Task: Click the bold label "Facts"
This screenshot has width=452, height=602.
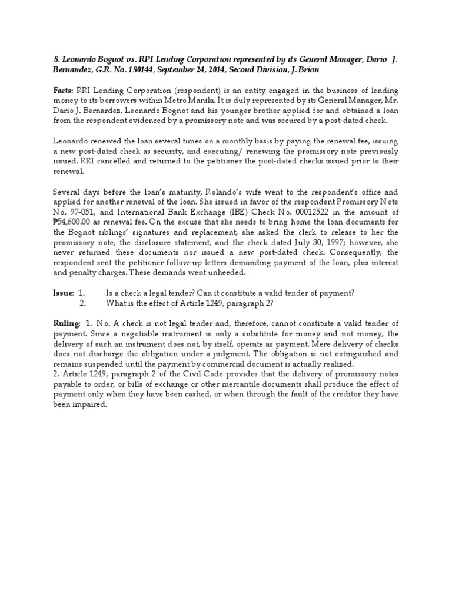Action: [63, 91]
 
